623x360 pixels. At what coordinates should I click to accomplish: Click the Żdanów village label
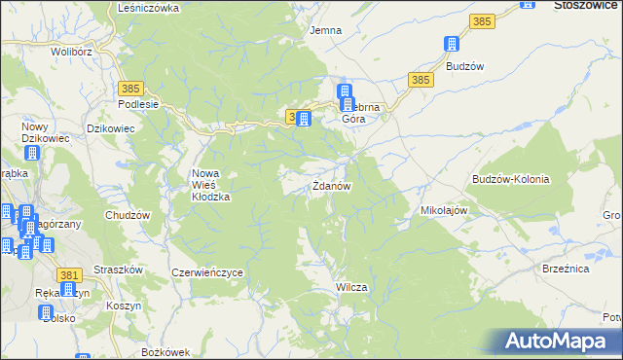(331, 186)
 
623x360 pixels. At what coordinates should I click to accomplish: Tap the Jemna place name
(325, 30)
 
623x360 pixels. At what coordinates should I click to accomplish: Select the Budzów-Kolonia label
(511, 180)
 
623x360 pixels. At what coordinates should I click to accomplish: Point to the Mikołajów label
(445, 209)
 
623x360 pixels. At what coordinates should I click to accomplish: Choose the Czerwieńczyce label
(206, 273)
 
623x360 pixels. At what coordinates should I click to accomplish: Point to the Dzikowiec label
(109, 126)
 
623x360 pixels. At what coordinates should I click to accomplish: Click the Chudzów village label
(127, 215)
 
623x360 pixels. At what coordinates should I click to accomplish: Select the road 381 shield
(68, 276)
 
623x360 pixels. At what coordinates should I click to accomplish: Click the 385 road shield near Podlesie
(133, 88)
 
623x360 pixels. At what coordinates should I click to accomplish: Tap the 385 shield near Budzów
(421, 79)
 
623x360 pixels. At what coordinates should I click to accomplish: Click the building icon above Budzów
(451, 45)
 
